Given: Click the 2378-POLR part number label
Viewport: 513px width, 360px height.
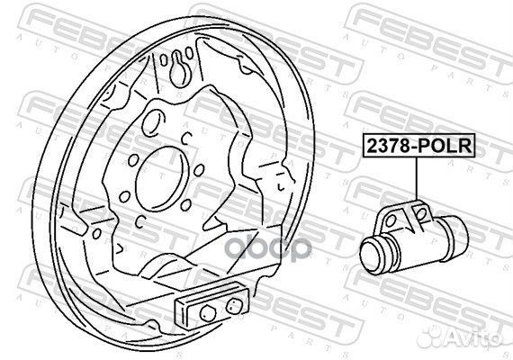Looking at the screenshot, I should tap(417, 144).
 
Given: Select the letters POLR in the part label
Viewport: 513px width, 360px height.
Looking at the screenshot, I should tap(445, 144).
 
